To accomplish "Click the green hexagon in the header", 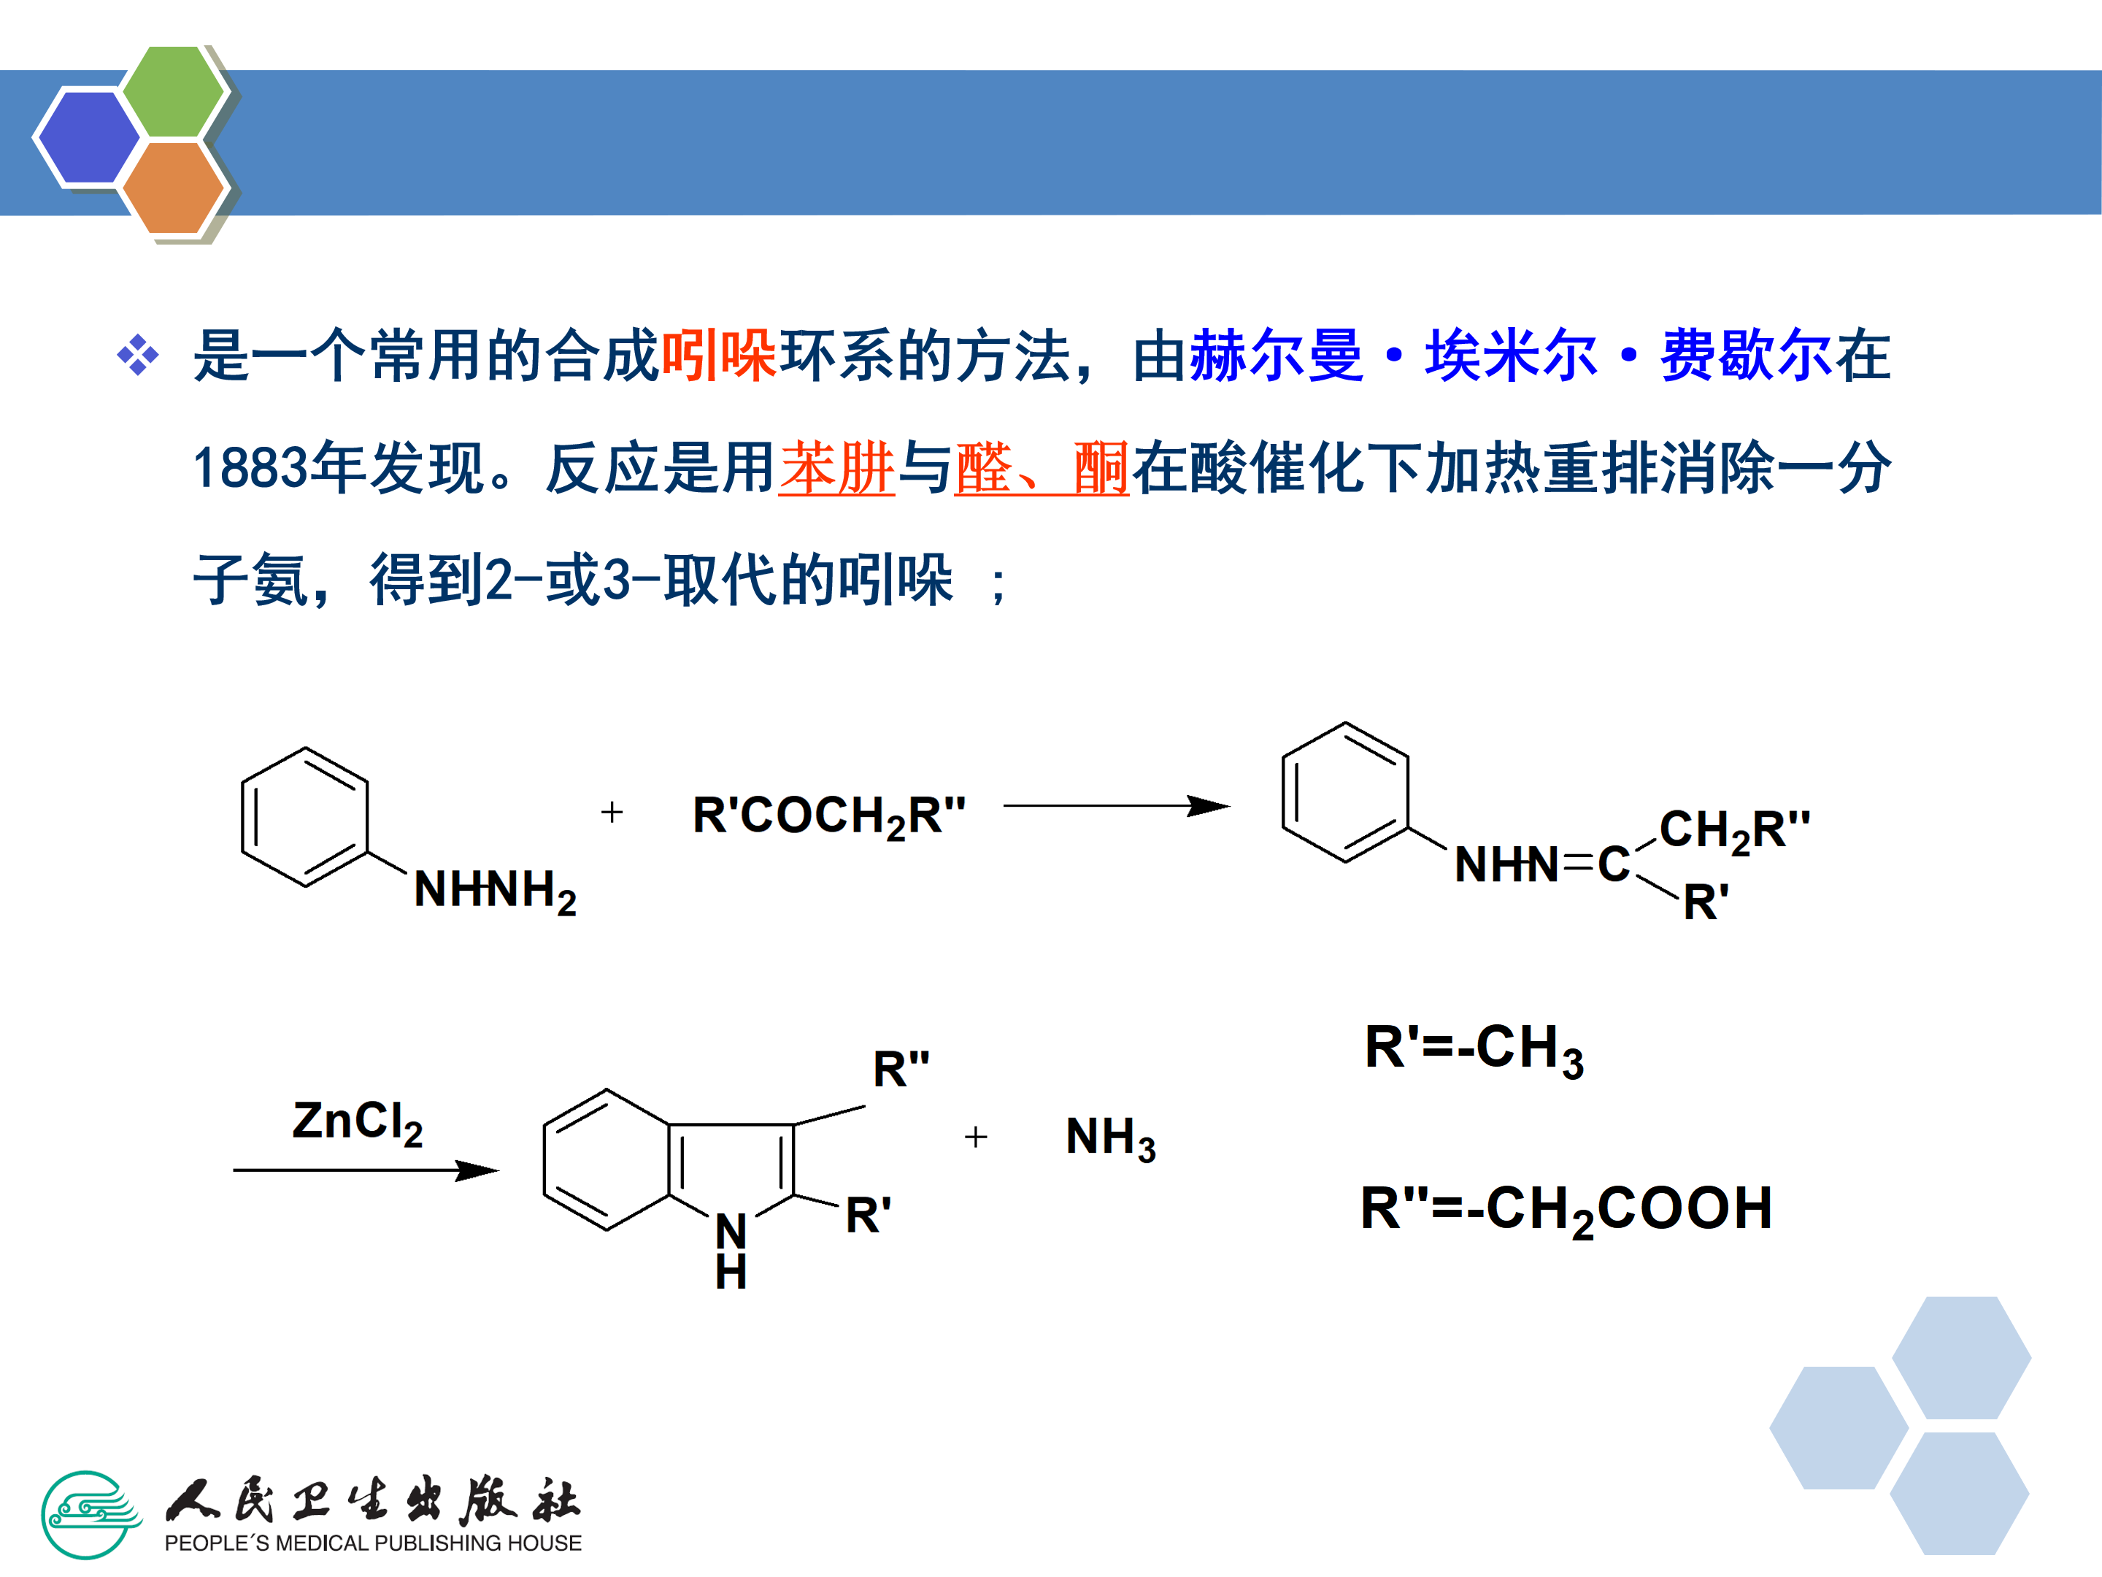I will pos(174,92).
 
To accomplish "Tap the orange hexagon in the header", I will pos(174,187).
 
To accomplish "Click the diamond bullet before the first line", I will pos(138,356).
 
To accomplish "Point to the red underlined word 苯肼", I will pos(836,468).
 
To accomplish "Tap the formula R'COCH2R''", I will pos(828,816).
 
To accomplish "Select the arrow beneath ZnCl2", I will pos(366,1170).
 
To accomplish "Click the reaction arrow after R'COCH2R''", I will pos(1116,806).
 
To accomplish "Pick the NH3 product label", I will pos(1110,1137).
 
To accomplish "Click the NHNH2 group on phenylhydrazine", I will pos(494,891).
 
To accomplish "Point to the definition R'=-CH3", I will pos(1474,1048).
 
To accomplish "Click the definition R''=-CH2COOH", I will pos(1566,1209).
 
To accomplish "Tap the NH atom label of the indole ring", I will pos(731,1250).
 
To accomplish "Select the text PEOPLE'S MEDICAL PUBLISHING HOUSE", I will pos(372,1543).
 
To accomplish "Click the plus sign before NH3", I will pos(976,1137).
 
